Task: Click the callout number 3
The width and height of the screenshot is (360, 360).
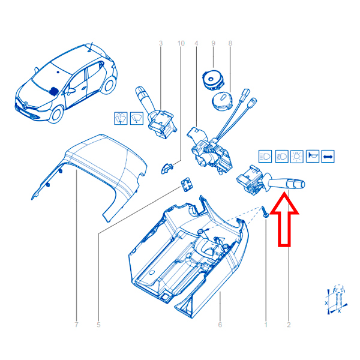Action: (x=161, y=43)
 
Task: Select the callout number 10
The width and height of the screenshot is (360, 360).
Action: (x=181, y=43)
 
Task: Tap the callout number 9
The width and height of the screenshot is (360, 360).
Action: (x=213, y=43)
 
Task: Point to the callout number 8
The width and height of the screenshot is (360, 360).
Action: (x=230, y=43)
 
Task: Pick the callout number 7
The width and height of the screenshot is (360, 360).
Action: (x=76, y=325)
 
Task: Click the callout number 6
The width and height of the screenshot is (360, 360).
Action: (x=220, y=325)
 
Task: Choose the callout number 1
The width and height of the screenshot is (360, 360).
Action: (x=266, y=325)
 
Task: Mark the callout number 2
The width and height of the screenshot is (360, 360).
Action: (x=289, y=325)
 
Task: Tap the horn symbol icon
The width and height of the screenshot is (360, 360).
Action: (x=313, y=157)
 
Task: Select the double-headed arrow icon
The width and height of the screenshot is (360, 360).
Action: (x=328, y=157)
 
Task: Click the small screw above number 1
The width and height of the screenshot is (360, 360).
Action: (x=265, y=212)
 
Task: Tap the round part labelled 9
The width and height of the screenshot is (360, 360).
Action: (x=212, y=80)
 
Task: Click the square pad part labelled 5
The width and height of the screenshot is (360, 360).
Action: (x=187, y=185)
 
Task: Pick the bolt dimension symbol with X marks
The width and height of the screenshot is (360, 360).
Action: (x=337, y=299)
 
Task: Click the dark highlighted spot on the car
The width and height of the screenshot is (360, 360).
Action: (x=54, y=91)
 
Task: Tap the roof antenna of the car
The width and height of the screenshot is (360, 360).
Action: (x=91, y=47)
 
